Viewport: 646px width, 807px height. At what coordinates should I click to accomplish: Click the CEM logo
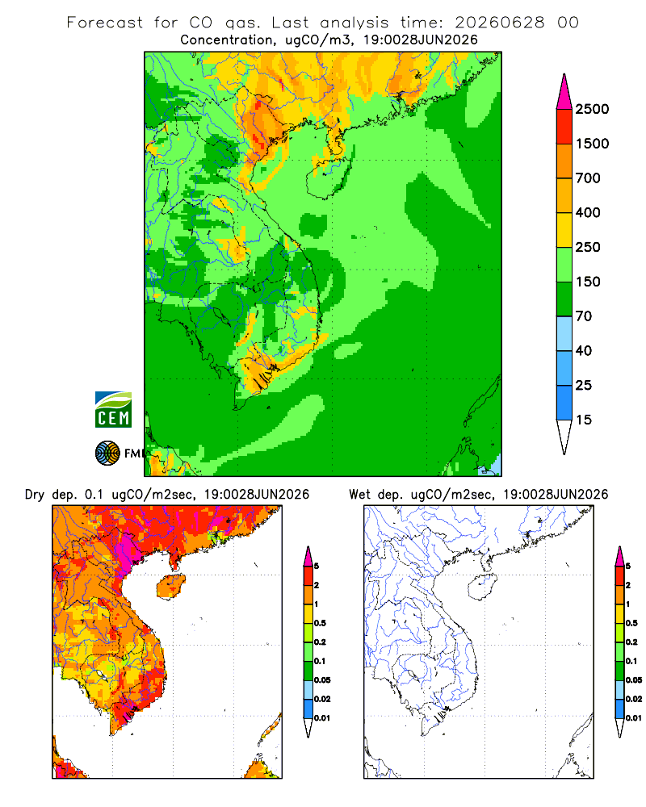(x=113, y=410)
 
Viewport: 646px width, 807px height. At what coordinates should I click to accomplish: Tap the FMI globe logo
(x=107, y=454)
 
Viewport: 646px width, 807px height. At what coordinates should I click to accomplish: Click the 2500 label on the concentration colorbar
(x=592, y=109)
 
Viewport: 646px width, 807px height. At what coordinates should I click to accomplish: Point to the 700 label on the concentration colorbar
(x=588, y=178)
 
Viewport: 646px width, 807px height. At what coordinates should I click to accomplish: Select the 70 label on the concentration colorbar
(x=584, y=316)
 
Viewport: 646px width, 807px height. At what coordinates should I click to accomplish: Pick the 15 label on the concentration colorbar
(x=584, y=420)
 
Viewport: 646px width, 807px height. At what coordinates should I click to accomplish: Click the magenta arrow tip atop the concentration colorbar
(x=564, y=92)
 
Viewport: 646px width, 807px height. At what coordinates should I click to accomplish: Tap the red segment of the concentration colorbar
(x=564, y=127)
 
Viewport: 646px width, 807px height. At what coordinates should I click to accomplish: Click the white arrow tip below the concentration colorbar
(x=564, y=437)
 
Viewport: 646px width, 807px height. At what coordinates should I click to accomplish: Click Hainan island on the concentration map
(x=328, y=178)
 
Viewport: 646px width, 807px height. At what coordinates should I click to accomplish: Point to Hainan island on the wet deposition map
(x=482, y=587)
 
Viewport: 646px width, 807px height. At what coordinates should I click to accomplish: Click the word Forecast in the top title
(x=105, y=23)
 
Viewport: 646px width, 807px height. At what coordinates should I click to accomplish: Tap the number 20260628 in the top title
(x=499, y=23)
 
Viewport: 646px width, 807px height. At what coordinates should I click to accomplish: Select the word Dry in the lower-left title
(x=35, y=495)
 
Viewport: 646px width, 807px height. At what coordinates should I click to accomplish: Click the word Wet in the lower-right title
(x=359, y=495)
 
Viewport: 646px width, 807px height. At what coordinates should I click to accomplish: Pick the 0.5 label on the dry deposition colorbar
(x=320, y=623)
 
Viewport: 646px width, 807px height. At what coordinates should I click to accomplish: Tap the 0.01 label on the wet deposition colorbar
(x=634, y=717)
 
